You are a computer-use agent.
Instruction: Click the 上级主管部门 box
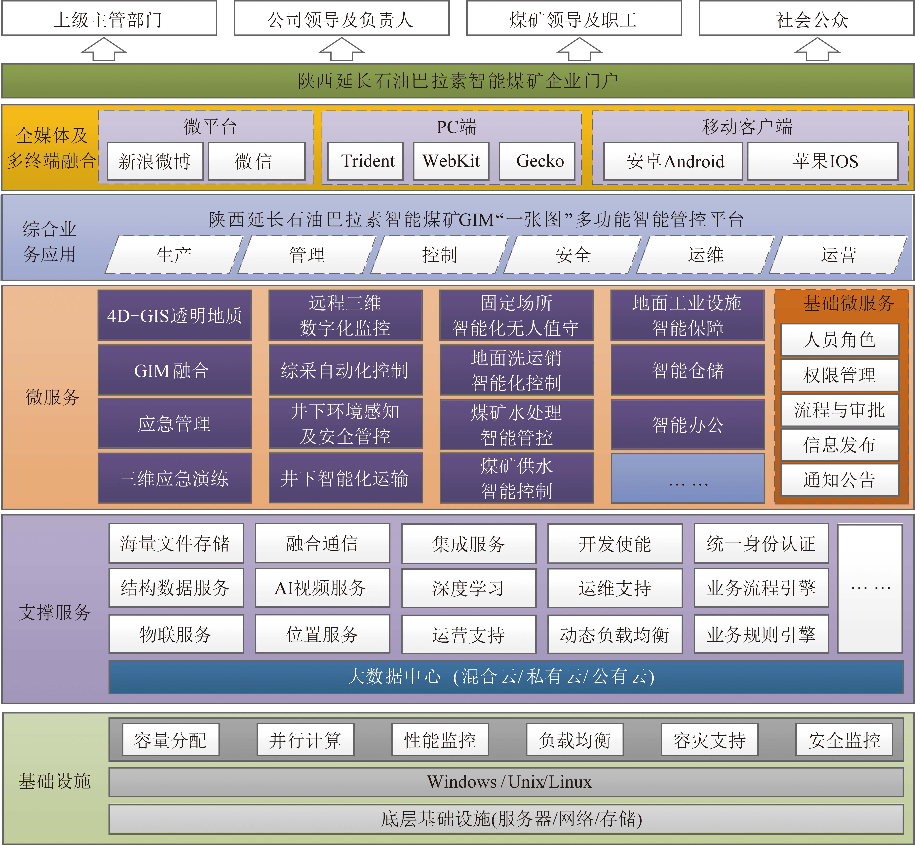(109, 18)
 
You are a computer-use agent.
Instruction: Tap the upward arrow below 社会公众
(817, 49)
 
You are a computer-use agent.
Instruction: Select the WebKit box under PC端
(451, 161)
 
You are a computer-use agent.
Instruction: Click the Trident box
(365, 161)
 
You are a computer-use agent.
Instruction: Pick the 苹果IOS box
(823, 161)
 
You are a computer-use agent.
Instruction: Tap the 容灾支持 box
(709, 740)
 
